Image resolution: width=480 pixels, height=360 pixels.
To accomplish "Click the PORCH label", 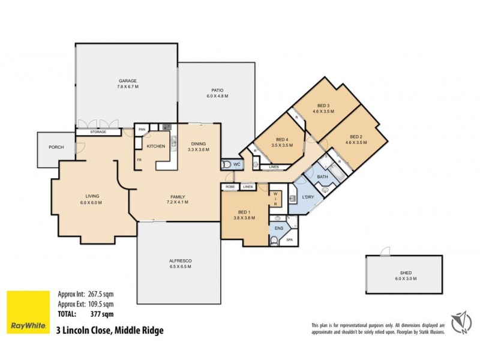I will pos(56,147).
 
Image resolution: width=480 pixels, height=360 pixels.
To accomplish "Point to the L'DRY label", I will pos(309,197).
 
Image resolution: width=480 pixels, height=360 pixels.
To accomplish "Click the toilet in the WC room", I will pos(226,164).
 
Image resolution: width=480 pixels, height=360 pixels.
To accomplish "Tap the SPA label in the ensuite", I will pos(289,240).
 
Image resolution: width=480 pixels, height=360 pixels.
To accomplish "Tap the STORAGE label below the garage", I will pos(99,132).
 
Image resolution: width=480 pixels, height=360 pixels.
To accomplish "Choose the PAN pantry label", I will pos(142,129).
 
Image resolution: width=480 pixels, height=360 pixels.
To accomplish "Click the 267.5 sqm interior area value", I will pos(101,294).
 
